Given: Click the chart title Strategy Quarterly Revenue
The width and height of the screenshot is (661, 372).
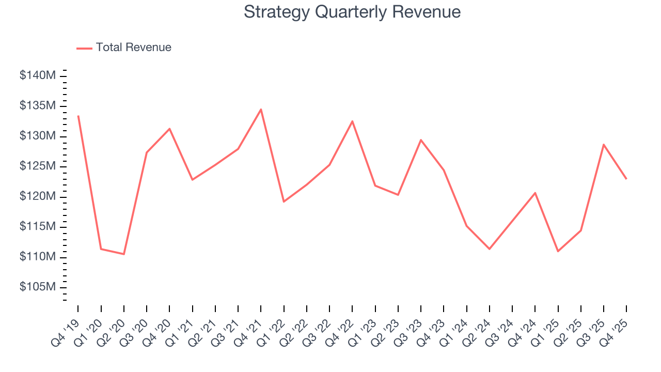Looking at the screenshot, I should [x=352, y=12].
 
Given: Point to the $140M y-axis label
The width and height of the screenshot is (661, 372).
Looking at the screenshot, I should [x=37, y=75].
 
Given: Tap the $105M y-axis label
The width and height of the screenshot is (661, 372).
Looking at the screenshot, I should [x=37, y=287].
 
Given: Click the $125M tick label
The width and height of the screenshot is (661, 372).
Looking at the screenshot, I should [x=37, y=166].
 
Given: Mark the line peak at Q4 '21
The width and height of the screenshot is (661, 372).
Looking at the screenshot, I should [x=261, y=109].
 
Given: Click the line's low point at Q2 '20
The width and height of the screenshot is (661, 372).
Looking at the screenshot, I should [x=124, y=254].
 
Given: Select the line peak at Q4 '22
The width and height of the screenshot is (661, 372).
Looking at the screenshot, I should [x=352, y=121].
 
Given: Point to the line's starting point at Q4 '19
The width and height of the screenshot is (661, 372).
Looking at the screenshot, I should [x=78, y=116].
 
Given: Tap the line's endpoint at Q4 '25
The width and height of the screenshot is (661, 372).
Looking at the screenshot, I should [x=626, y=179].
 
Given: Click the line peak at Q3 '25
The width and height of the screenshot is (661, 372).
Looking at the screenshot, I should [x=604, y=144].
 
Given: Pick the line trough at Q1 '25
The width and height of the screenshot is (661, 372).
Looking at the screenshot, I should [x=558, y=251].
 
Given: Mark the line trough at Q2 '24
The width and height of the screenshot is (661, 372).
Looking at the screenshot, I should [x=489, y=249].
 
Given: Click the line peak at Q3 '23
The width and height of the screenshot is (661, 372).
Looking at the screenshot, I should [x=421, y=139].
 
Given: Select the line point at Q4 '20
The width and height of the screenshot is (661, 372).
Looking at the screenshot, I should [x=169, y=129].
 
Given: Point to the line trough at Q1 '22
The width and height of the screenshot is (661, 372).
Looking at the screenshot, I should [x=284, y=202].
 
